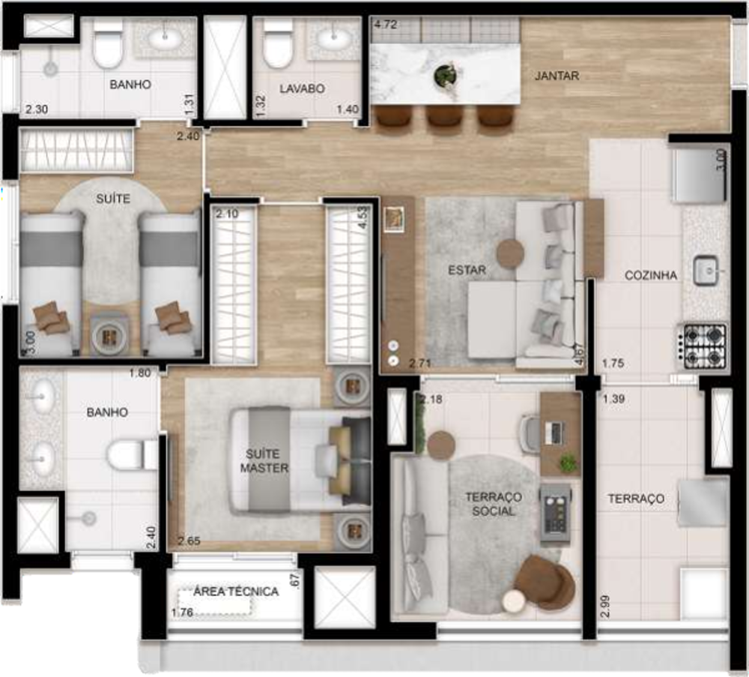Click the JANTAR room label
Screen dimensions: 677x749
point(557,76)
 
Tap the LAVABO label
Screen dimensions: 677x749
point(302,88)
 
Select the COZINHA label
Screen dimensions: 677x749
point(651,276)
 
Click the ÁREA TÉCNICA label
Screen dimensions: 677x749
point(236,592)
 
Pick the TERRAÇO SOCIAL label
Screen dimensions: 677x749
point(493,504)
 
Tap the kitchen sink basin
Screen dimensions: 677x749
point(706,270)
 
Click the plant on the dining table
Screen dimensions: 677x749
point(445,74)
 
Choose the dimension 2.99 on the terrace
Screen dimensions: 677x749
point(604,604)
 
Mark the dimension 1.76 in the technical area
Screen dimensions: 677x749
point(182,613)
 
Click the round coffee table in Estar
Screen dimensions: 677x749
point(511,253)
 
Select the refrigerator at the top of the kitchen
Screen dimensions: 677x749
point(699,175)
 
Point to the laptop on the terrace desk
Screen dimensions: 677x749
point(555,432)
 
